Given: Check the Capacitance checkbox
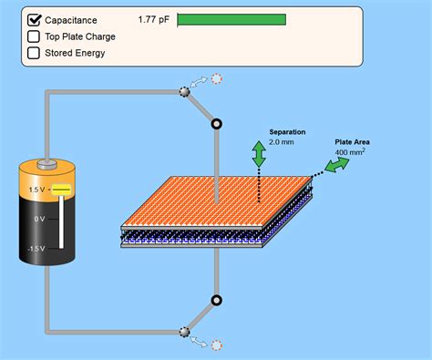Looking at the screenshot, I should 35,19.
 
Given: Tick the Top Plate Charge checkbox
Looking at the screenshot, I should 35,36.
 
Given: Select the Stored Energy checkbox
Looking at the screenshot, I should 35,53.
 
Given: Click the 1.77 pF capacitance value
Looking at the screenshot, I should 154,19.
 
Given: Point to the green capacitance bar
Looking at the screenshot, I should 231,19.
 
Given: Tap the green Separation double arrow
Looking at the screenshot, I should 259,153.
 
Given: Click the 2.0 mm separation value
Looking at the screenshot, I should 283,143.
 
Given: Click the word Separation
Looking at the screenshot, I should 287,132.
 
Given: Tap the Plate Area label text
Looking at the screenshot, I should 352,141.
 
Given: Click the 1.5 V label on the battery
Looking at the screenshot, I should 37,190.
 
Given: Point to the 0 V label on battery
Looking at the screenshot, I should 39,219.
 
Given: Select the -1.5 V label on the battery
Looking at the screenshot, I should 36,248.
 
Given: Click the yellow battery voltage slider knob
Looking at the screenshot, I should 61,190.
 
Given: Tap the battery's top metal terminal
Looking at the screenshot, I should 53,165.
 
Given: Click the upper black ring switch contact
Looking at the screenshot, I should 216,123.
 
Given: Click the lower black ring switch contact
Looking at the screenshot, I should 216,300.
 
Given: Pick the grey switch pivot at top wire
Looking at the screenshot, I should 183,91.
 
